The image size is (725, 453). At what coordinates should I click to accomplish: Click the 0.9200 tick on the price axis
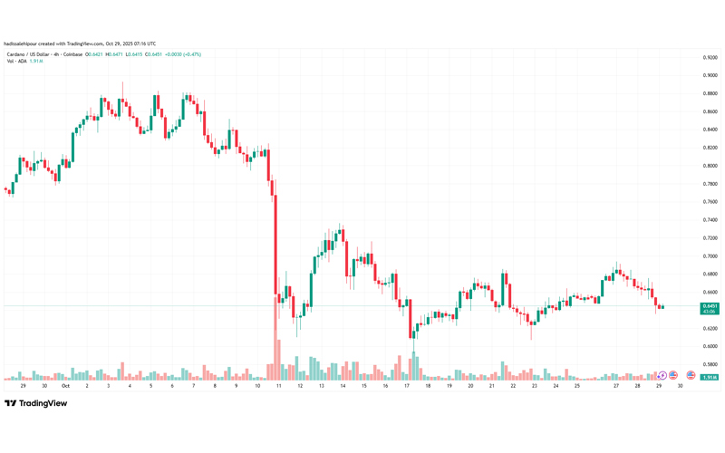(x=710, y=57)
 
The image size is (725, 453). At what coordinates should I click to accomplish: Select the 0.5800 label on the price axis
(x=710, y=364)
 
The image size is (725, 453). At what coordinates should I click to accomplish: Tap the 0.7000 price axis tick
(x=710, y=256)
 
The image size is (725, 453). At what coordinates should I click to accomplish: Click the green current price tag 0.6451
(x=710, y=308)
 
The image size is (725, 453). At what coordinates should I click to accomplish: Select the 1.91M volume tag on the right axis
(x=710, y=376)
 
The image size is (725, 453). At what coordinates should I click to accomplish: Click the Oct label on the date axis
(x=65, y=385)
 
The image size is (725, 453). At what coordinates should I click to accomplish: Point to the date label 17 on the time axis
(x=407, y=385)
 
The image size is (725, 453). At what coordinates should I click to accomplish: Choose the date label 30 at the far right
(x=680, y=385)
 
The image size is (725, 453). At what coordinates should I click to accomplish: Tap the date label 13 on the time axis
(x=322, y=385)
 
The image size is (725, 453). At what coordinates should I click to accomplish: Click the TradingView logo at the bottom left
(x=36, y=404)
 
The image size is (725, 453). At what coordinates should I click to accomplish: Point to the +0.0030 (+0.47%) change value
(x=184, y=54)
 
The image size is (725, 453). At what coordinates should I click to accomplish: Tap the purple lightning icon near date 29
(x=662, y=375)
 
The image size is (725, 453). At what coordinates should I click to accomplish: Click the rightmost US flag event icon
(x=691, y=375)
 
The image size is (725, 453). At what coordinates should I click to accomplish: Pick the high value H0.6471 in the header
(x=114, y=54)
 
